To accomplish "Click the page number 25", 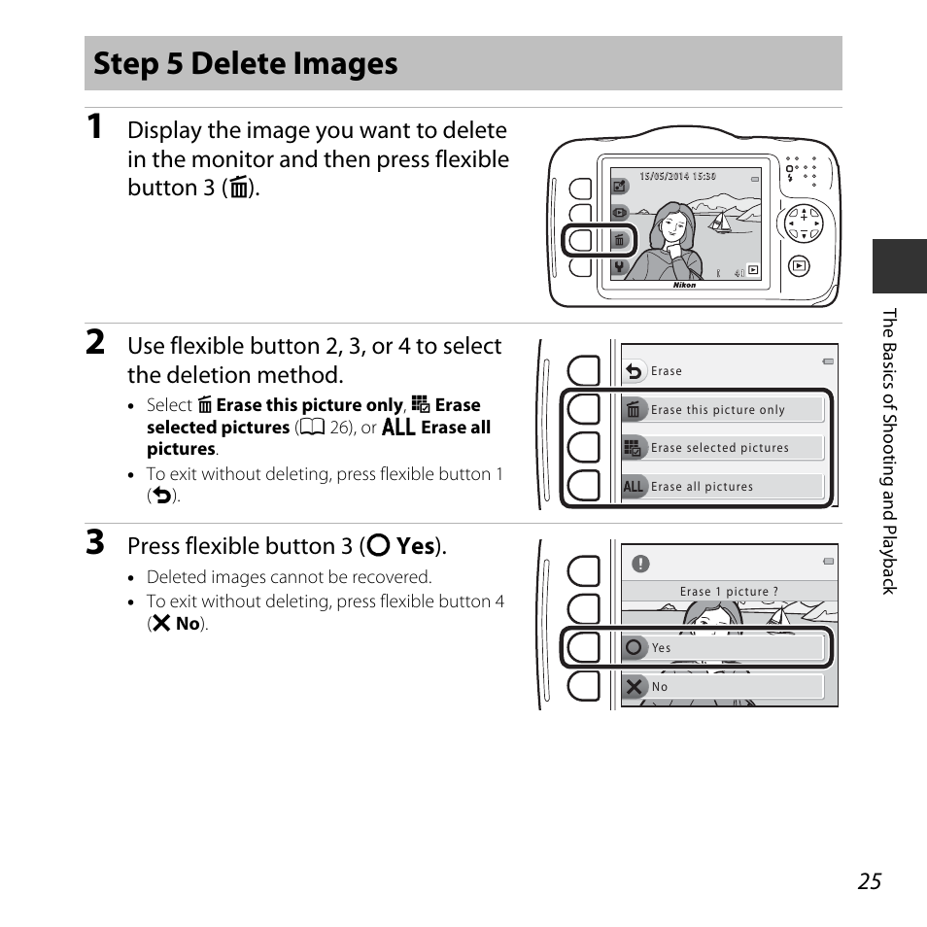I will click(870, 880).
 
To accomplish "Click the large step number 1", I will click(94, 127).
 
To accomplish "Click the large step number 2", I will click(95, 342).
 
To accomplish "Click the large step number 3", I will click(94, 542).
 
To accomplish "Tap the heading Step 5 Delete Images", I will click(246, 64).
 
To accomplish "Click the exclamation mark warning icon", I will click(640, 564).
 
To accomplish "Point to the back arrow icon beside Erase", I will click(635, 371).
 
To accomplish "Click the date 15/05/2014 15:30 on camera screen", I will click(677, 177).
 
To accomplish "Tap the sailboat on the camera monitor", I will click(720, 222).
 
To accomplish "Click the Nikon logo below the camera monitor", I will click(685, 286).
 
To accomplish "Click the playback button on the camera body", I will click(799, 265).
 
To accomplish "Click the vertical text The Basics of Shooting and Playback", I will click(888, 451).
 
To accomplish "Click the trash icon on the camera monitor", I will click(619, 240).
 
